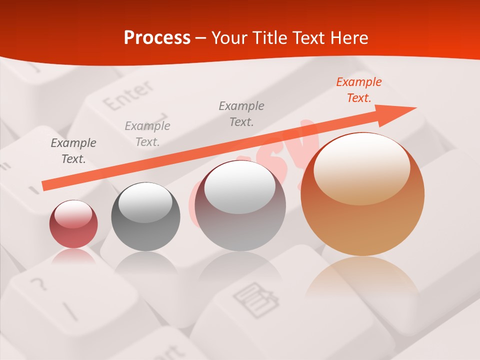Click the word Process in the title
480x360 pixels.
pyautogui.click(x=157, y=38)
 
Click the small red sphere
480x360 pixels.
pyautogui.click(x=73, y=224)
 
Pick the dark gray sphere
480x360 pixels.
pyautogui.click(x=145, y=217)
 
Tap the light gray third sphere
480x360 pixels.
pyautogui.click(x=240, y=206)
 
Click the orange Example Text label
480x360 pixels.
pyautogui.click(x=359, y=90)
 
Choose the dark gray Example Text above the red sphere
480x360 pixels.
pyautogui.click(x=73, y=151)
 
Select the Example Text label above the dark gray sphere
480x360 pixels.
pyautogui.click(x=147, y=134)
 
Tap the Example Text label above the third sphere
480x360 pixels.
pyautogui.click(x=241, y=113)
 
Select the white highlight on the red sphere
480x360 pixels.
pyautogui.click(x=73, y=214)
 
